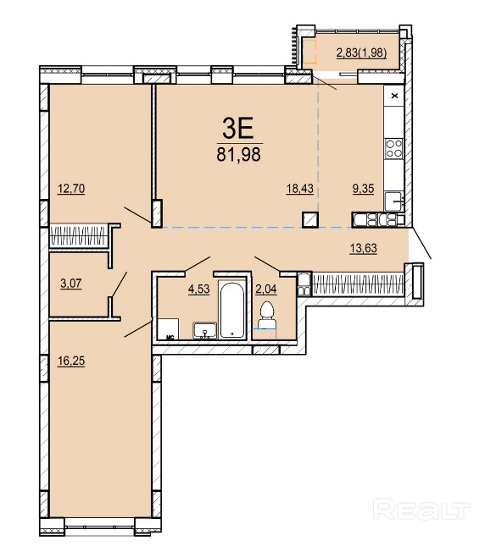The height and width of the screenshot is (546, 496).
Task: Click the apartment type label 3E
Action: (x=237, y=129)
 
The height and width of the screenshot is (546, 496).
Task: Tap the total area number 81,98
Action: (x=238, y=154)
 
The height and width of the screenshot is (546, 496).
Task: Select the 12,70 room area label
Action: (x=71, y=189)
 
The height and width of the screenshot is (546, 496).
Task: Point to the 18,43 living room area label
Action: (x=300, y=189)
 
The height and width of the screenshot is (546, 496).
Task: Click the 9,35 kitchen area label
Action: (x=363, y=189)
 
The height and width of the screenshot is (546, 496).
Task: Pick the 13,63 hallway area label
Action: (x=364, y=248)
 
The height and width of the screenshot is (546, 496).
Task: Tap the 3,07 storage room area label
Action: (x=71, y=284)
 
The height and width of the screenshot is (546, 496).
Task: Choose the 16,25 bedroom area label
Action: (x=71, y=361)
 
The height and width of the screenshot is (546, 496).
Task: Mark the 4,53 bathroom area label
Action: (x=198, y=290)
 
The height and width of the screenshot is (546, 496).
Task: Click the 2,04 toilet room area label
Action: (x=266, y=290)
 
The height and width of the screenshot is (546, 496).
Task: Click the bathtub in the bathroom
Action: (x=232, y=310)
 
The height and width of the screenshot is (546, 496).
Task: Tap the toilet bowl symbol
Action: (x=268, y=315)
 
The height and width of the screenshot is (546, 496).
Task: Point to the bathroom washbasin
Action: (x=204, y=330)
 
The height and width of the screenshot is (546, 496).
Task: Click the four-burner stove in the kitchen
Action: (x=393, y=149)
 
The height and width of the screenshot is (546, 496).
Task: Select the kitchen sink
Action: (x=393, y=201)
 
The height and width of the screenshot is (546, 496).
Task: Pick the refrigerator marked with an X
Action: (x=393, y=96)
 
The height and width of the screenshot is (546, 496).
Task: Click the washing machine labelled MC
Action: (x=168, y=329)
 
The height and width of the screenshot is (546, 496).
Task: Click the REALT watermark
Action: (x=421, y=510)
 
